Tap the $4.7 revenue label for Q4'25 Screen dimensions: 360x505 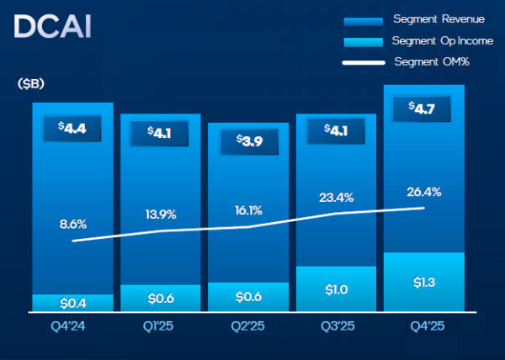[x=423, y=109]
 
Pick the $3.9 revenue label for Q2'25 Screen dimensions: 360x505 [x=248, y=141]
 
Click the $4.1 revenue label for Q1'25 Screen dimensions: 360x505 [x=160, y=133]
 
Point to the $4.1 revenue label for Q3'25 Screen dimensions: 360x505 [x=335, y=130]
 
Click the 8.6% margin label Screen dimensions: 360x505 [x=72, y=224]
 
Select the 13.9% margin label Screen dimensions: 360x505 [x=160, y=214]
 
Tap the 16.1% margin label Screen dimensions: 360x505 [x=248, y=210]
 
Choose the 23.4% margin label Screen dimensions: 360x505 [x=335, y=198]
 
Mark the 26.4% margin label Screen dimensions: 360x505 [x=423, y=192]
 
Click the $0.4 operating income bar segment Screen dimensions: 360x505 [x=72, y=303]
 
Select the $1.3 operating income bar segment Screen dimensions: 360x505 [x=423, y=282]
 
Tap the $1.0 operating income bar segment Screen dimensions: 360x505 [x=335, y=289]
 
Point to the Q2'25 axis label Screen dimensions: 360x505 [x=248, y=324]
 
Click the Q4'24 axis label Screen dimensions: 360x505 [x=72, y=324]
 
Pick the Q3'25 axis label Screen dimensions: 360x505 [x=335, y=324]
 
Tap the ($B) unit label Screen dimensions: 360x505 [x=30, y=84]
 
